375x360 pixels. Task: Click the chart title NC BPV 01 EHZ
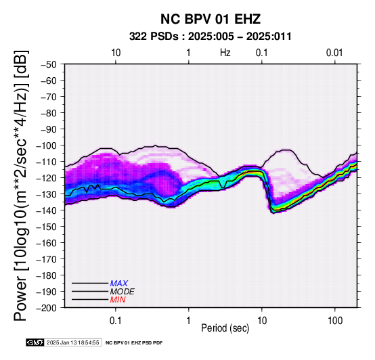click(x=211, y=19)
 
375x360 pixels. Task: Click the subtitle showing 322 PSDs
click(x=211, y=37)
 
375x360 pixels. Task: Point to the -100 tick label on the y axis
click(x=49, y=145)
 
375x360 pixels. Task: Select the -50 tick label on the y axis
click(x=49, y=64)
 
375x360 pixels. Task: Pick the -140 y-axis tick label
click(x=47, y=210)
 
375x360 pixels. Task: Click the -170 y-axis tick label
click(x=47, y=259)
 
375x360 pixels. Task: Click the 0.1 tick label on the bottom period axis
click(x=116, y=321)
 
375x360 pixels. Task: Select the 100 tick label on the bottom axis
click(x=335, y=321)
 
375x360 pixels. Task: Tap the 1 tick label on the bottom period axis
click(x=189, y=321)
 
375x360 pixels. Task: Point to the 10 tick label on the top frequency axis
click(x=116, y=53)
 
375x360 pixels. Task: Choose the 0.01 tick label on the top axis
click(x=334, y=53)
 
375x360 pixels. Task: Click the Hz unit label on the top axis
click(x=225, y=53)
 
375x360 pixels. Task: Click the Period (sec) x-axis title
click(x=225, y=328)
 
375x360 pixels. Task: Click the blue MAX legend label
click(x=119, y=284)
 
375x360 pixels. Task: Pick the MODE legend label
click(x=123, y=292)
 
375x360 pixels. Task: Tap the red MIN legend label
click(x=118, y=300)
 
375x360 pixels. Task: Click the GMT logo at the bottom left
click(x=35, y=342)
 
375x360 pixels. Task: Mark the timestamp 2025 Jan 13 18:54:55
click(x=72, y=342)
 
